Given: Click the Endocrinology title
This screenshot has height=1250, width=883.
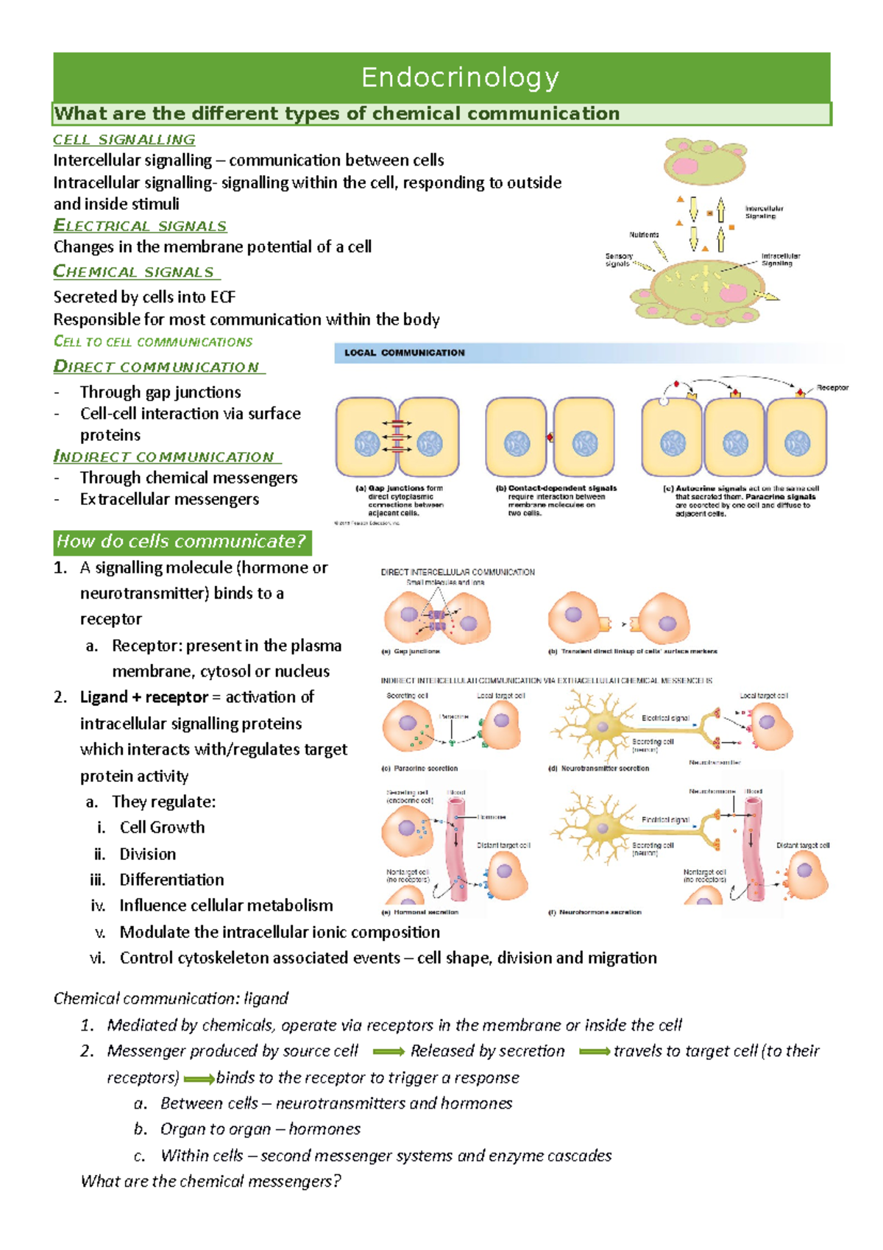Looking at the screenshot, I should click(460, 77).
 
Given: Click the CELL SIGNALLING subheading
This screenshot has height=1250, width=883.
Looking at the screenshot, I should click(124, 140).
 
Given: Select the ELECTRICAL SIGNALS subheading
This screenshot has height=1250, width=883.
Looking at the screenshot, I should click(140, 226).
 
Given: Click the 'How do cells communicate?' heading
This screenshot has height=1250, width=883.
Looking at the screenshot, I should click(181, 542).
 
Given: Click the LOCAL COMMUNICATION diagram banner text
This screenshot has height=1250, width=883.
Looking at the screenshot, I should click(405, 353).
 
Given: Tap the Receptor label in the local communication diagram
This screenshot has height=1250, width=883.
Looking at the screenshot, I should click(832, 387).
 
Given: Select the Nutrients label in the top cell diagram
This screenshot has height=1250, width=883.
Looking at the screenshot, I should click(644, 235).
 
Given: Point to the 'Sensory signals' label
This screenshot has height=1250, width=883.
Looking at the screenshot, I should click(618, 260).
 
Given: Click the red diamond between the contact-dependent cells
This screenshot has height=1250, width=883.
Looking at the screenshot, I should click(549, 438).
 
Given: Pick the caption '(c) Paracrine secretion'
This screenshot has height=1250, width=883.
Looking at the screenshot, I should click(419, 768).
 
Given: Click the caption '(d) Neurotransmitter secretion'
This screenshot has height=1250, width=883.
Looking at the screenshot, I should click(598, 768).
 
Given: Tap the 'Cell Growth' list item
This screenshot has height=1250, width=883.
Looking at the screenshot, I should click(162, 827).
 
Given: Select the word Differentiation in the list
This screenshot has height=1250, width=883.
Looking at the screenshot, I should click(171, 880).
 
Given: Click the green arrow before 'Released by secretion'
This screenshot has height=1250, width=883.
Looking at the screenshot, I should click(389, 1052).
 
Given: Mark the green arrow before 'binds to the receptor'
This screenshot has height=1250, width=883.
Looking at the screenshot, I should click(199, 1079).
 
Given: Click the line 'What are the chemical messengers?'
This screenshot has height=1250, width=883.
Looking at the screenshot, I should click(210, 1182).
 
